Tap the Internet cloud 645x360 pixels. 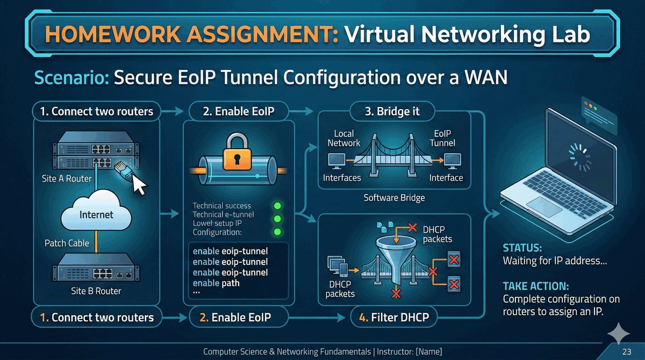96,214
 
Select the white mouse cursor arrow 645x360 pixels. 139,185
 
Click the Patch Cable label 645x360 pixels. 67,243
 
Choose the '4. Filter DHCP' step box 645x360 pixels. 393,318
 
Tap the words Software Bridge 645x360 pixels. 394,198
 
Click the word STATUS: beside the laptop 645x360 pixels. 522,249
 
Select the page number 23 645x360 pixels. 626,352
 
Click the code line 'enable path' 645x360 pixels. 216,283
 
